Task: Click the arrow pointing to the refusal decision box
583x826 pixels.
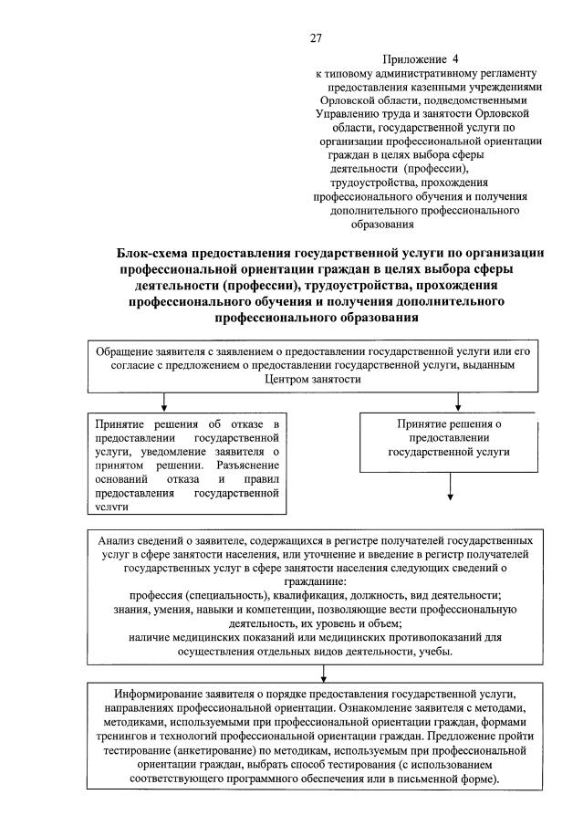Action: [163, 403]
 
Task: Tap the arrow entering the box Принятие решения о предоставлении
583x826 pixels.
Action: [452, 403]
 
